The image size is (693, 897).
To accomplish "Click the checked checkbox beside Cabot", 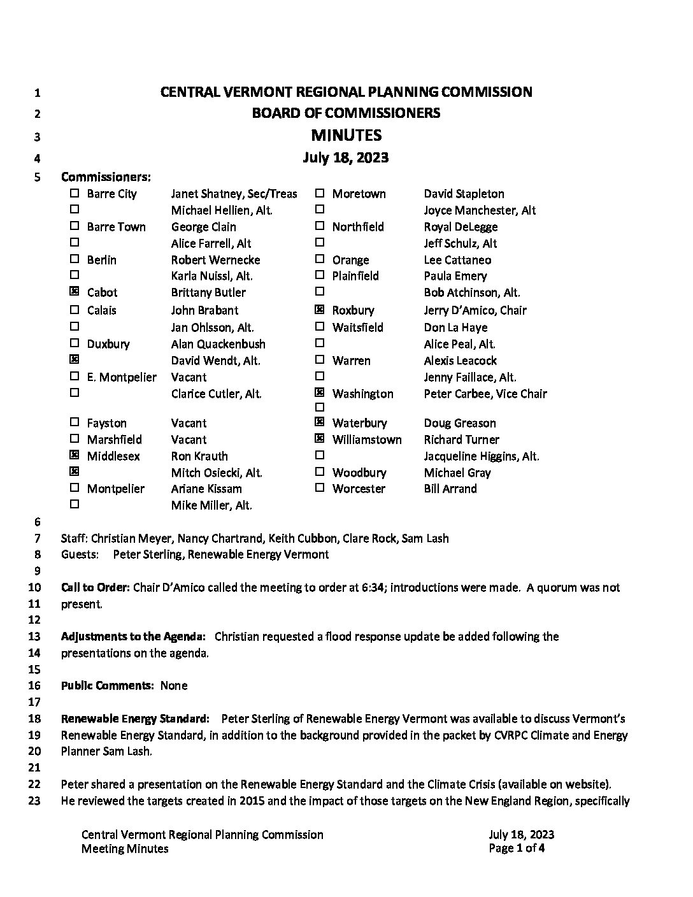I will pos(75,292).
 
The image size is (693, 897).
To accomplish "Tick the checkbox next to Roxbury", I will pos(320,310).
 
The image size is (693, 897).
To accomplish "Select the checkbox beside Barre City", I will pos(75,193).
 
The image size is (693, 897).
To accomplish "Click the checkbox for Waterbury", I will pos(320,422).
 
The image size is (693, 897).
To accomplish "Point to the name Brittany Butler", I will pos(208,292).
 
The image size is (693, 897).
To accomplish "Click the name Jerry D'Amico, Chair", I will pos(475,310).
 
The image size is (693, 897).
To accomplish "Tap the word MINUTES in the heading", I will pos(346,135).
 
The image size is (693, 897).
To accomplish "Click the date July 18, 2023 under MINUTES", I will pos(346,157).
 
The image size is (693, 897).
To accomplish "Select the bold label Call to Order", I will pos(96,587).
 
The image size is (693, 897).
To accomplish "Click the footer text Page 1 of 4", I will pos(517,848).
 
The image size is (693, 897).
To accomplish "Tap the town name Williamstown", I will pos(367,440).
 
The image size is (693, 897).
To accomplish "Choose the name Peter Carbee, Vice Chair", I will pos(485,394).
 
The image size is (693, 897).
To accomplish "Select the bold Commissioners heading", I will pos(106,176).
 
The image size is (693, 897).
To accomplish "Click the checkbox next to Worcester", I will pos(320,488).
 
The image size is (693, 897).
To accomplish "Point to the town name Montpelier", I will pos(116,489).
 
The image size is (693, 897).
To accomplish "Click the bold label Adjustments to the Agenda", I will pos(133,636).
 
